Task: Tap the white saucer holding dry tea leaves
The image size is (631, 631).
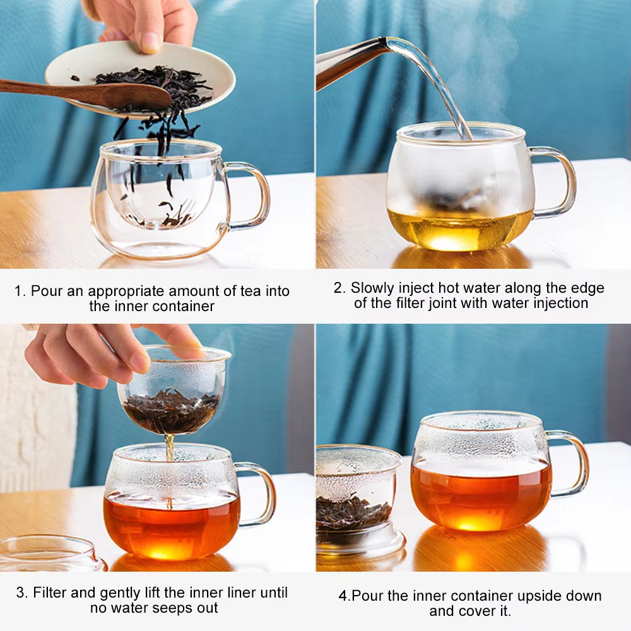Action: tap(140, 79)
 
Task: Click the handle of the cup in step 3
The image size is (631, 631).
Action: tap(257, 494)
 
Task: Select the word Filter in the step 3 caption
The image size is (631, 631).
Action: tap(50, 593)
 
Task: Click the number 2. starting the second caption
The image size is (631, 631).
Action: tap(339, 288)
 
